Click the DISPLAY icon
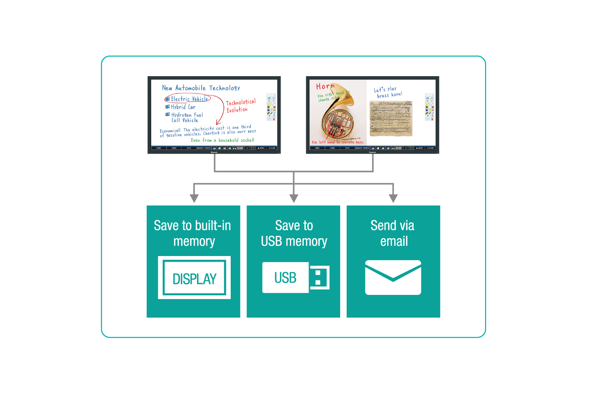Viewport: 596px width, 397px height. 194,278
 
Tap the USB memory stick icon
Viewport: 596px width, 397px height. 296,277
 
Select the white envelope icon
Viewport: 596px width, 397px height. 393,277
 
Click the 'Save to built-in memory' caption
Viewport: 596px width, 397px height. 193,233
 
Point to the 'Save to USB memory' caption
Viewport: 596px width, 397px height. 294,233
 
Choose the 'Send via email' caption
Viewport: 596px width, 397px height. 393,233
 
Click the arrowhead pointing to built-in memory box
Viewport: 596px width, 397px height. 194,198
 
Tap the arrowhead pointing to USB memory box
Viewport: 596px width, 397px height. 294,198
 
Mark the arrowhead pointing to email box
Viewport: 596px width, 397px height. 393,198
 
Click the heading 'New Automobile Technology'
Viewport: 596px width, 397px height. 201,88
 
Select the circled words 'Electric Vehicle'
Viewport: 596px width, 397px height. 189,99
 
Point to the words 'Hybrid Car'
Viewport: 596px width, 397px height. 183,107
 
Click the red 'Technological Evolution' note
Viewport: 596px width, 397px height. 240,106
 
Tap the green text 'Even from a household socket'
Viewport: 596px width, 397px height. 222,140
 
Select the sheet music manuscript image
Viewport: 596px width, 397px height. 391,118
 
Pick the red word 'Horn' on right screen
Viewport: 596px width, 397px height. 325,86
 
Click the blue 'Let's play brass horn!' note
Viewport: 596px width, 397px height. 388,92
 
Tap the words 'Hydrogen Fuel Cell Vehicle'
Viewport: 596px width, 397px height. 187,117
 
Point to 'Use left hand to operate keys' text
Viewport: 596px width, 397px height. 338,142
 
